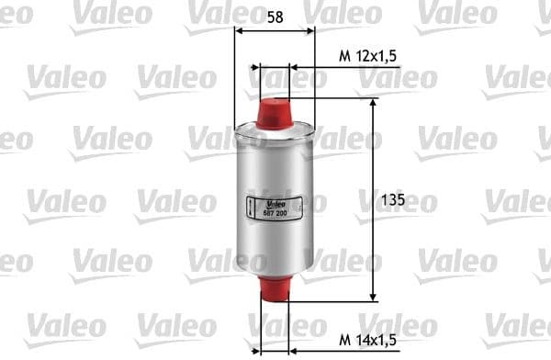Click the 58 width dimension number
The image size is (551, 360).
coord(274,16)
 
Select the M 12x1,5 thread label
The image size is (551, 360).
coord(368,56)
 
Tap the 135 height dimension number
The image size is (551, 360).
coord(392,199)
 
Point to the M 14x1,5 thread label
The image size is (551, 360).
coord(368,339)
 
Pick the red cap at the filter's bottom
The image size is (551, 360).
coord(275,288)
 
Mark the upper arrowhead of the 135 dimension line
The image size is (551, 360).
coord(373,103)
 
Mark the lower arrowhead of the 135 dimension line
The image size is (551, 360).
coord(373,295)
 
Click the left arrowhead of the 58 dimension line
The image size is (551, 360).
coord(241,29)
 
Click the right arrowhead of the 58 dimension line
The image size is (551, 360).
coord(310,29)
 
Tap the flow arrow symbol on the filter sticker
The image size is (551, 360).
coord(253,208)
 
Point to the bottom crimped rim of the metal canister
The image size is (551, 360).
coord(275,272)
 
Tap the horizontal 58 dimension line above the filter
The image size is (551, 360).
coord(275,29)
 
